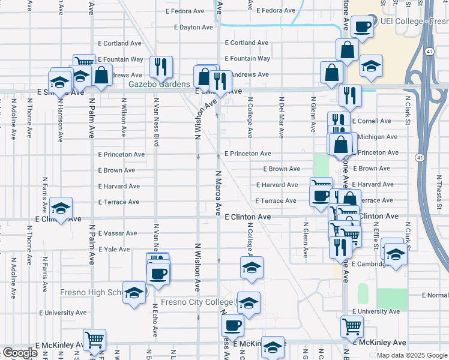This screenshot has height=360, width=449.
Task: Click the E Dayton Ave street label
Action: pyautogui.click(x=193, y=27)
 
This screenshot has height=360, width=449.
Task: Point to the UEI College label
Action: pyautogui.click(x=411, y=21)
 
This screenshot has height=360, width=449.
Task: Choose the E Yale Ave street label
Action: pyautogui.click(x=114, y=249)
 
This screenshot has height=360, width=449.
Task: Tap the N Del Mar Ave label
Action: pyautogui.click(x=281, y=114)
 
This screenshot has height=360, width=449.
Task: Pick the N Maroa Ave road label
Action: pyautogui.click(x=218, y=192)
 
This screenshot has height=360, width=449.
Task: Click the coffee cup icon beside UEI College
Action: pyautogui.click(x=363, y=27)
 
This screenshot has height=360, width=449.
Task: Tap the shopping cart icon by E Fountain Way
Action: pyautogui.click(x=84, y=62)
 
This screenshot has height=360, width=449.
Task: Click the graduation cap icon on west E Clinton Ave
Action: pyautogui.click(x=61, y=208)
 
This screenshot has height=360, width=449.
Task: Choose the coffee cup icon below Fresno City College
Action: pyautogui.click(x=232, y=325)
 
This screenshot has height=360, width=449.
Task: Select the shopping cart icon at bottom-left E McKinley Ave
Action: pyautogui.click(x=94, y=340)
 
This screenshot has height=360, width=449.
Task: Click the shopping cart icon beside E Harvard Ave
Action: pyautogui.click(x=321, y=185)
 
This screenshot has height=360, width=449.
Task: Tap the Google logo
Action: pyautogui.click(x=20, y=353)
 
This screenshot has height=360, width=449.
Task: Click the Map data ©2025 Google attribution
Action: pyautogui.click(x=412, y=355)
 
